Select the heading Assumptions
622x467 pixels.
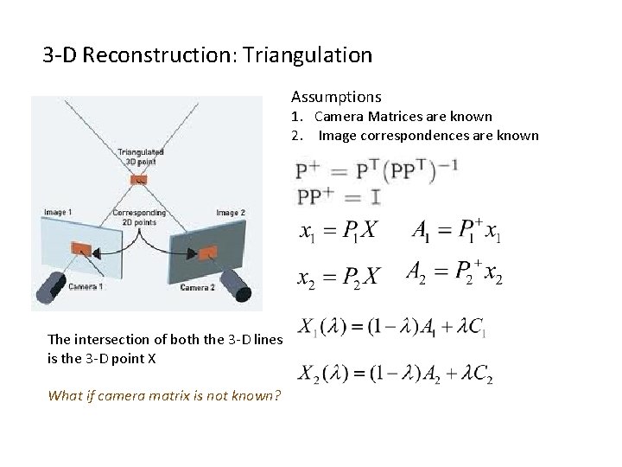[x=336, y=97]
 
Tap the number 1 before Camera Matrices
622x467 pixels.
[x=295, y=117]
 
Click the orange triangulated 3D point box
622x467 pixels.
[x=139, y=181]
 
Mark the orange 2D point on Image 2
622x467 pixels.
[x=208, y=252]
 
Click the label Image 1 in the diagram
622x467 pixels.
[x=58, y=212]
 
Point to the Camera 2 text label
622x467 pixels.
[x=198, y=288]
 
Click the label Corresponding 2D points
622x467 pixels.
[x=139, y=217]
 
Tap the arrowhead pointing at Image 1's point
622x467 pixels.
[x=98, y=253]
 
